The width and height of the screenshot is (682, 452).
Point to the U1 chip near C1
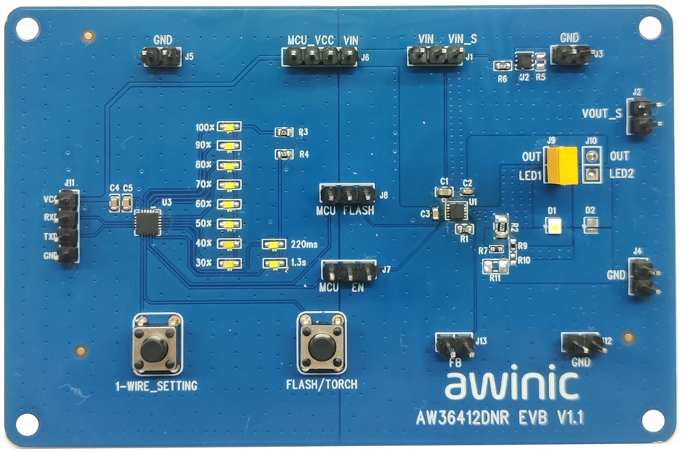tap(457, 212)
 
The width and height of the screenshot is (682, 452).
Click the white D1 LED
tap(553, 225)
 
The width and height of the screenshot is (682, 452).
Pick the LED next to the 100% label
tap(230, 127)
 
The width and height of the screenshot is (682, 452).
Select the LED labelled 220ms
tap(274, 244)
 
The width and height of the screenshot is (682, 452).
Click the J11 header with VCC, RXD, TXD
tap(69, 226)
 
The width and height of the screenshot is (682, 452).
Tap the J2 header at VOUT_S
tap(643, 117)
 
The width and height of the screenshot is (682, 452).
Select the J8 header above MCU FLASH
tap(347, 195)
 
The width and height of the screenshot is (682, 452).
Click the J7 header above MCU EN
tap(349, 272)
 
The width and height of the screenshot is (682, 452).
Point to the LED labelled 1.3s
tap(274, 262)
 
